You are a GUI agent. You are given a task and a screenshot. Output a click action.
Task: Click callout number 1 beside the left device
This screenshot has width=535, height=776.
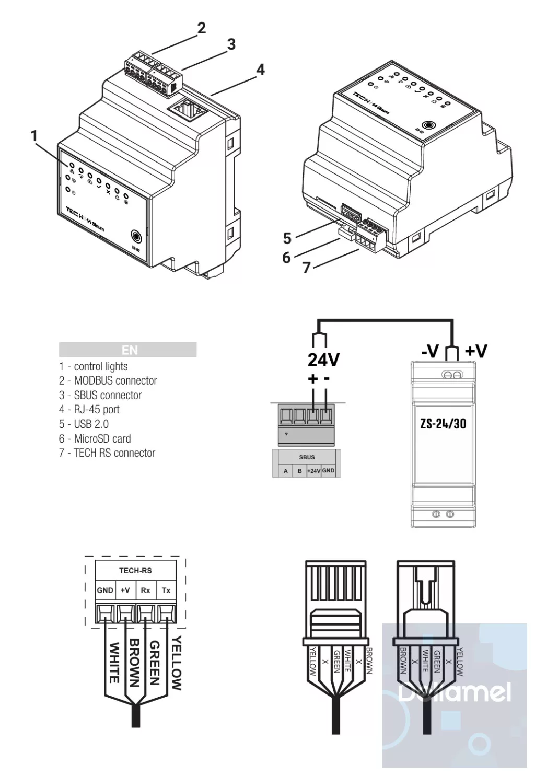pyautogui.click(x=34, y=136)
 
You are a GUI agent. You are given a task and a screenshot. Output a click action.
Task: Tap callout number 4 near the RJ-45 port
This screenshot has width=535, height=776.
pyautogui.click(x=260, y=70)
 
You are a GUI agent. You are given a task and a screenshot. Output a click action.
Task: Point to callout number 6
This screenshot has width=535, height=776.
pyautogui.click(x=286, y=257)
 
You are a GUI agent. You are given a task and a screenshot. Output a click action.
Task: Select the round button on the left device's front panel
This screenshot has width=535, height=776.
pyautogui.click(x=136, y=236)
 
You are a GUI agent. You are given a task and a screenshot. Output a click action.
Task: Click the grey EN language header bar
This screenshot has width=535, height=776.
pyautogui.click(x=127, y=350)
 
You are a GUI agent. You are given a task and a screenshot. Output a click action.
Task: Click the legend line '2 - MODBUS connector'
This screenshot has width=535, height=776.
pyautogui.click(x=108, y=381)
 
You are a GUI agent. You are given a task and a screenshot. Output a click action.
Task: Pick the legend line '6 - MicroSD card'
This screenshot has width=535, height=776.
pyautogui.click(x=95, y=439)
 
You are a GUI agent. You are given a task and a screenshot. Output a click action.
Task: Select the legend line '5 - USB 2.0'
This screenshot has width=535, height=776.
pyautogui.click(x=84, y=424)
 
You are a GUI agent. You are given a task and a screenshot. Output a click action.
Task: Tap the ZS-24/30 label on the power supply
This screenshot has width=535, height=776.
pyautogui.click(x=443, y=423)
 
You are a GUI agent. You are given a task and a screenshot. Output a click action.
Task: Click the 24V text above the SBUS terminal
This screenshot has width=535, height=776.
pyautogui.click(x=323, y=360)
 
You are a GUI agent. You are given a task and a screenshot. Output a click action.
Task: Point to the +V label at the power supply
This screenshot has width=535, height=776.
pyautogui.click(x=475, y=351)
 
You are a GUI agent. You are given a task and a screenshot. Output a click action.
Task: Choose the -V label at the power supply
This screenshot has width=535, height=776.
pyautogui.click(x=430, y=351)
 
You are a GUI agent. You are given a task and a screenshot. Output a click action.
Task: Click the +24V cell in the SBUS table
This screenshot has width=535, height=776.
pyautogui.click(x=313, y=471)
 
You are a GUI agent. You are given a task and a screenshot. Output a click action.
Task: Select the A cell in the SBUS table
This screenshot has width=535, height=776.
pyautogui.click(x=286, y=471)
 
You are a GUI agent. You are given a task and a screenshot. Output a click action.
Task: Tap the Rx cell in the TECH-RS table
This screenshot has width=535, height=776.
pyautogui.click(x=145, y=590)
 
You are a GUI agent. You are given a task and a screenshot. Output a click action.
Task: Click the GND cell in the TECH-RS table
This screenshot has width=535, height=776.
pyautogui.click(x=105, y=590)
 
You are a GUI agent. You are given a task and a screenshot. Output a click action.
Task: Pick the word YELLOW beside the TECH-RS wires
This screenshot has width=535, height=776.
pyautogui.click(x=177, y=663)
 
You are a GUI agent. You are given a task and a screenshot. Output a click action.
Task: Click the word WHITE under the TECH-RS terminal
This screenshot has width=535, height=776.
pyautogui.click(x=113, y=663)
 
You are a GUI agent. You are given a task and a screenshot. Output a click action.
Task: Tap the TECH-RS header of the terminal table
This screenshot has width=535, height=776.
pyautogui.click(x=135, y=571)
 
